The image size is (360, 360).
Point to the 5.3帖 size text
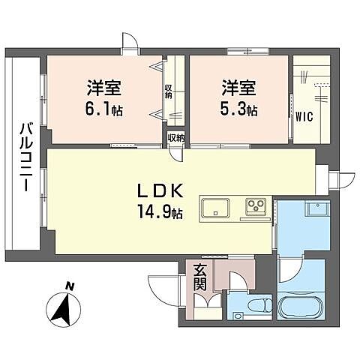pyautogui.click(x=238, y=109)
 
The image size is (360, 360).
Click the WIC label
pyautogui.click(x=304, y=116)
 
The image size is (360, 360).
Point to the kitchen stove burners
pyautogui.click(x=256, y=205)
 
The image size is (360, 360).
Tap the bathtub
pyautogui.click(x=301, y=308)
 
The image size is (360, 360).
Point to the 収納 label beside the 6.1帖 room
pyautogui.click(x=169, y=91)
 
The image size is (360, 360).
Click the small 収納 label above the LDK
pyautogui.click(x=176, y=137)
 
